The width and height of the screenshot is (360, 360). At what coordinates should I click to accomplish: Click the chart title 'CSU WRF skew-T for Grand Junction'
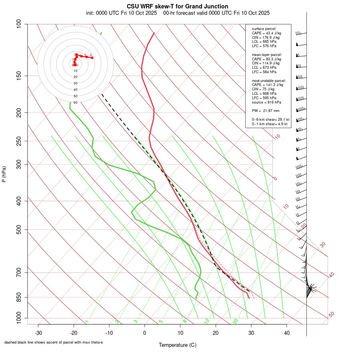point(178,6)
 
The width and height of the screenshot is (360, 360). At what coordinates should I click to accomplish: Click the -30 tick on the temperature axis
point(38,332)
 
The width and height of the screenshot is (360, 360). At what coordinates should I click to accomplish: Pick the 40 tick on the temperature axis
point(287,332)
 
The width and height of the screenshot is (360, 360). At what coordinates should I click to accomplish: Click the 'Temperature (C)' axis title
point(178,345)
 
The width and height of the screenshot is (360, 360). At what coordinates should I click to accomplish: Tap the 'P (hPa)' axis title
point(4,174)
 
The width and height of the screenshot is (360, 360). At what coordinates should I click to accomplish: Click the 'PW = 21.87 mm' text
point(266,110)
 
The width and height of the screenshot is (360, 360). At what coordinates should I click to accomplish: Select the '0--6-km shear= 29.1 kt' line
point(270,119)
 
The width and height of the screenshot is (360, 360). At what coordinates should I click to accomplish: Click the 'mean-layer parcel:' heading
point(267,54)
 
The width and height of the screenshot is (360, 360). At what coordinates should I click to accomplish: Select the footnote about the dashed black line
point(54,342)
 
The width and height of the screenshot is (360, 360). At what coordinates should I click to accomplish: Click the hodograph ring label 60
point(75,102)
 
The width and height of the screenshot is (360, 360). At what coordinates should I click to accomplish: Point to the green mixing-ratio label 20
point(235,321)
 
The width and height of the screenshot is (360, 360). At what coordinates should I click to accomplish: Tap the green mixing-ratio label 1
point(86,321)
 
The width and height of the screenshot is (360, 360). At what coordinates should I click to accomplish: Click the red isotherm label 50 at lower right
point(331,315)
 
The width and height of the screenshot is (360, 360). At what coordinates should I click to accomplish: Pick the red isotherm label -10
point(277,137)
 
